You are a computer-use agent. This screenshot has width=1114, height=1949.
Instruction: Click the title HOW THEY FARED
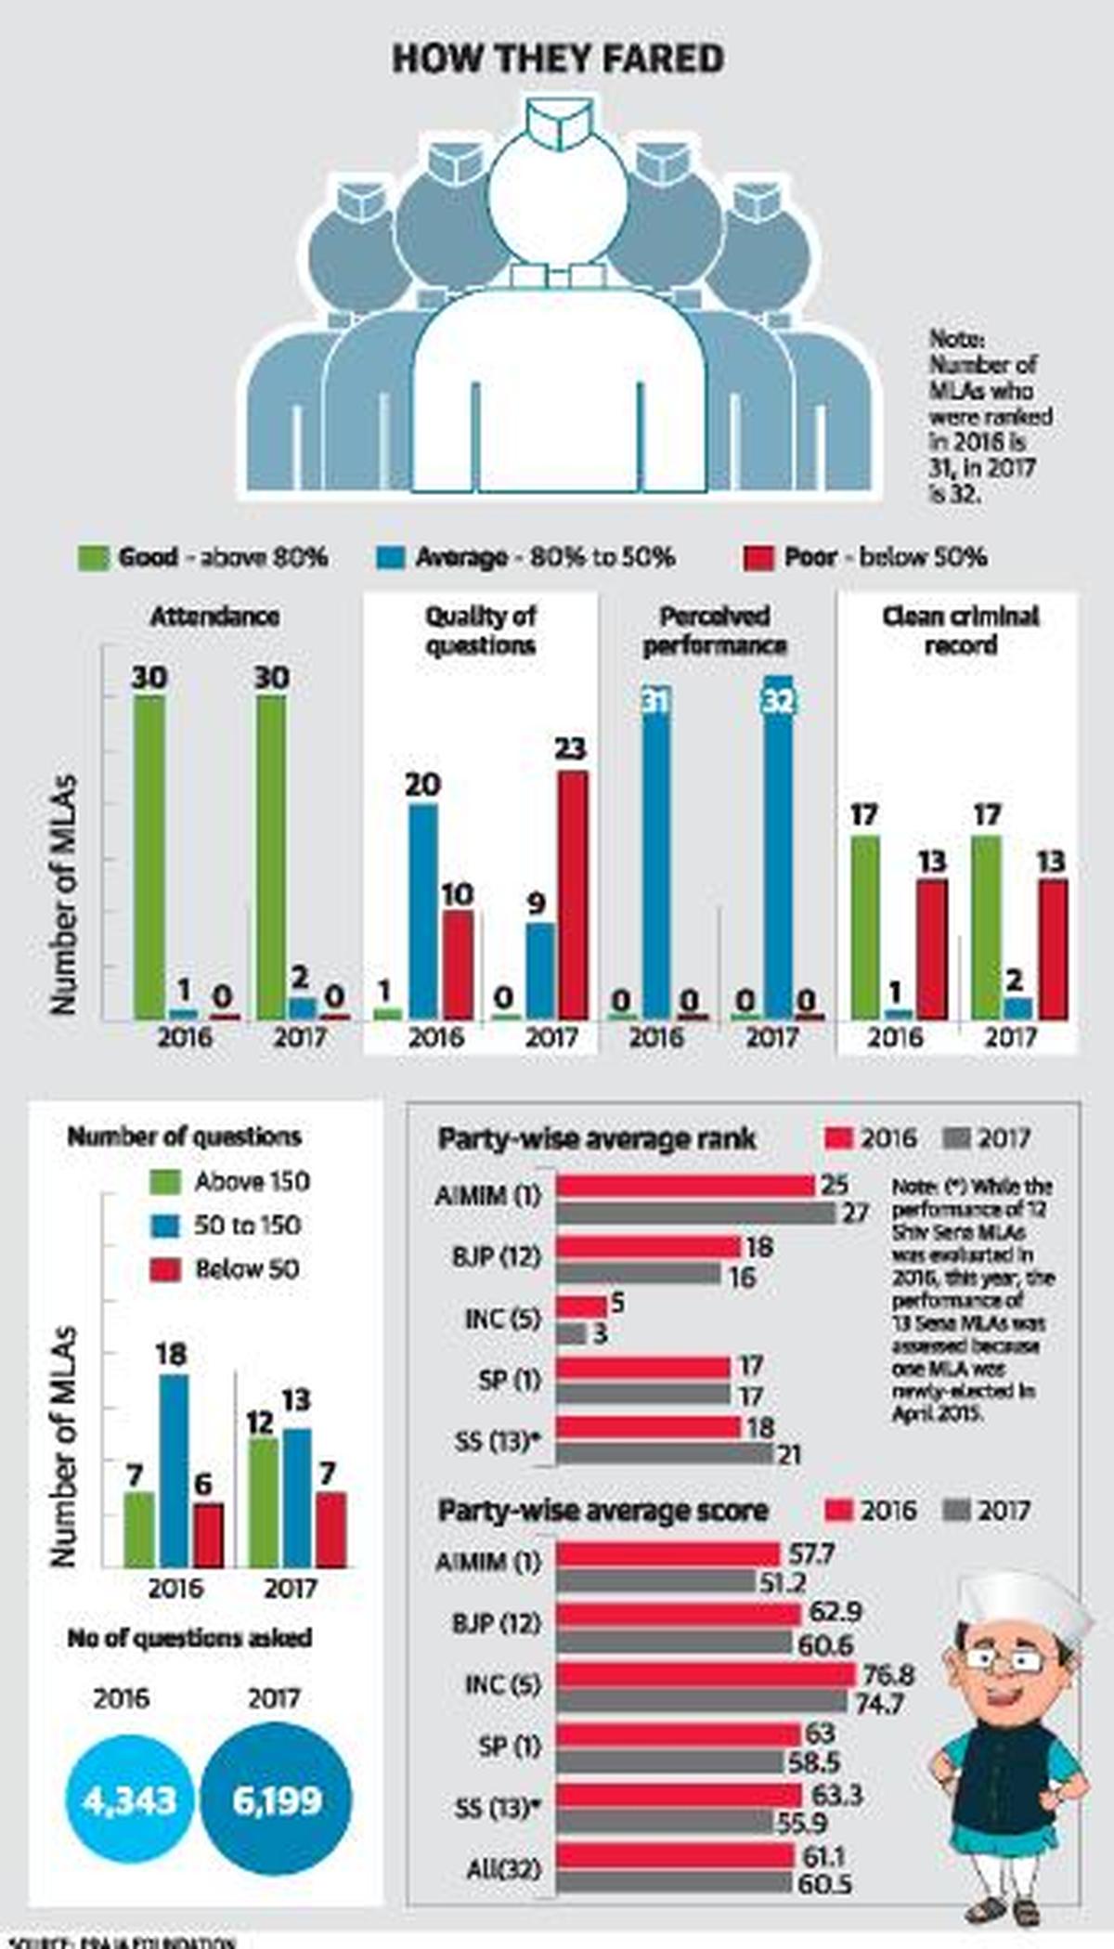coord(558,59)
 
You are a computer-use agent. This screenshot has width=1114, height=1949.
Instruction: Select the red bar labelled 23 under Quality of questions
coord(572,896)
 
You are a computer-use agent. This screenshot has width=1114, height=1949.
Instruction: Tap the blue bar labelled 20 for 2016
coord(423,912)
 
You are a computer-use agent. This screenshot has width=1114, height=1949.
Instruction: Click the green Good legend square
coord(93,558)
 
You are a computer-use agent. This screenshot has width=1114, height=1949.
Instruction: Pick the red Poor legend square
coord(758,558)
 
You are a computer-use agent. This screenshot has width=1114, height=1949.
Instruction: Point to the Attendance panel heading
coord(214,617)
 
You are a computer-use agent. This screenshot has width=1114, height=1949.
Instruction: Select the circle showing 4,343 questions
coord(129,1800)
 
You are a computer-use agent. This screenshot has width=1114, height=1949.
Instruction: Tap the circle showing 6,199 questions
coord(277,1800)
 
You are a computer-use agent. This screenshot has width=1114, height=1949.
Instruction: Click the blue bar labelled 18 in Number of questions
coord(173,1471)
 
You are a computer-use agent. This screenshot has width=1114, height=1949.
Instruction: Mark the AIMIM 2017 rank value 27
coord(855,1213)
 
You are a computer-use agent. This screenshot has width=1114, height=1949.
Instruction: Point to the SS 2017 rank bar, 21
coord(666,1454)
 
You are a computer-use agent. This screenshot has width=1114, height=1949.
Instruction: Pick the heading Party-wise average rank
coord(597,1138)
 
